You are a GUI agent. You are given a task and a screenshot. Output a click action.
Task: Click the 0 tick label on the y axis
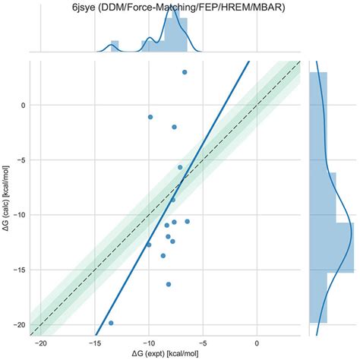coord(22,105)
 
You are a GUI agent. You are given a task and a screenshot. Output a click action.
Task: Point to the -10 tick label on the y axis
coord(18,215)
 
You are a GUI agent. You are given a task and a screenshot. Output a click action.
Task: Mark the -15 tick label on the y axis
coord(18,270)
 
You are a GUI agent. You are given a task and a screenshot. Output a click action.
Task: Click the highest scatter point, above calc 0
coord(185,72)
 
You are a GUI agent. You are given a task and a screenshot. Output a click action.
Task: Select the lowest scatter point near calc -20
coord(111,323)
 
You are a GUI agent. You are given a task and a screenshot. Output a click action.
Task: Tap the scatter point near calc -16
coord(169,284)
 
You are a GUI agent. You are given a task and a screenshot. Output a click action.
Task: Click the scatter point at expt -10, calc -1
coord(150,117)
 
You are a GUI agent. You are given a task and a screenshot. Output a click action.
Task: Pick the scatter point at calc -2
coord(175,127)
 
